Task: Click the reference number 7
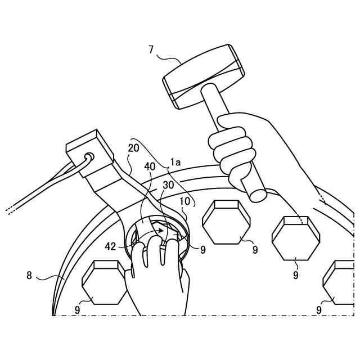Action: pyautogui.click(x=151, y=49)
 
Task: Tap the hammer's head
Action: pyautogui.click(x=204, y=76)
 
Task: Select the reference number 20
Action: pyautogui.click(x=133, y=148)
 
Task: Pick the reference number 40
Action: pyautogui.click(x=150, y=166)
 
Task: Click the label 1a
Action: pyautogui.click(x=176, y=162)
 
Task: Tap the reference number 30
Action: pyautogui.click(x=168, y=184)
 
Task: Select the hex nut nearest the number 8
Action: pyautogui.click(x=105, y=282)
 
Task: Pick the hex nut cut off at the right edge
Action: pyautogui.click(x=340, y=282)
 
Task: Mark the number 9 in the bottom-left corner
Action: pyautogui.click(x=77, y=309)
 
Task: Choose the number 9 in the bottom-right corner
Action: pyautogui.click(x=319, y=309)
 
